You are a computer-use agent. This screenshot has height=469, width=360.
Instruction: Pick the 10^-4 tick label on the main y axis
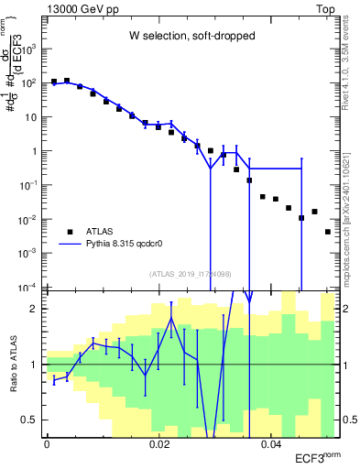click(27, 288)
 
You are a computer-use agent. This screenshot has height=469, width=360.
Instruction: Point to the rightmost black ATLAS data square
click(328, 232)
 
